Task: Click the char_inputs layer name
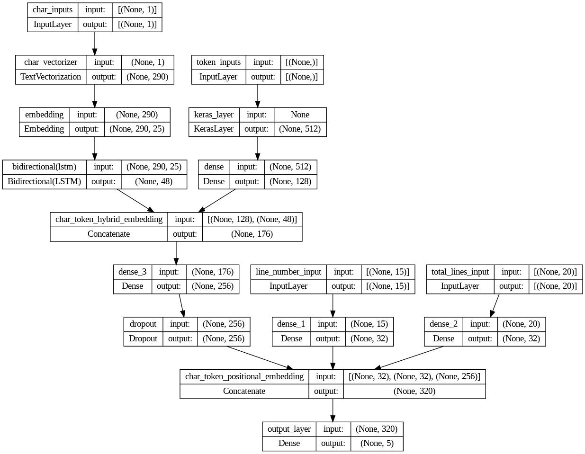pyautogui.click(x=52, y=9)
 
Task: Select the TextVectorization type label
pyautogui.click(x=51, y=77)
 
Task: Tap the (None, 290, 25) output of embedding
pyautogui.click(x=136, y=129)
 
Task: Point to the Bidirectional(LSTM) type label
pyautogui.click(x=44, y=181)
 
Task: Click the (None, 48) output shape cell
pyautogui.click(x=153, y=181)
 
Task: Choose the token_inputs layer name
pyautogui.click(x=218, y=62)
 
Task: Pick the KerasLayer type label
pyautogui.click(x=214, y=129)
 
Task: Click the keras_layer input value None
pyautogui.click(x=300, y=115)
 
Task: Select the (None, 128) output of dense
pyautogui.click(x=290, y=181)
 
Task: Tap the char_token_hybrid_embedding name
pyautogui.click(x=108, y=219)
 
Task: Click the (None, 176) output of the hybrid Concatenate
pyautogui.click(x=252, y=234)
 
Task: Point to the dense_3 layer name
pyautogui.click(x=132, y=272)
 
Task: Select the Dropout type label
pyautogui.click(x=143, y=338)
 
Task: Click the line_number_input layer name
pyautogui.click(x=288, y=272)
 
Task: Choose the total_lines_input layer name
pyautogui.click(x=459, y=272)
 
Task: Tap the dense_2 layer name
pyautogui.click(x=443, y=324)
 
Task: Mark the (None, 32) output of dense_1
pyautogui.click(x=369, y=338)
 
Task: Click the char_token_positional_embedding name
pyautogui.click(x=244, y=376)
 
